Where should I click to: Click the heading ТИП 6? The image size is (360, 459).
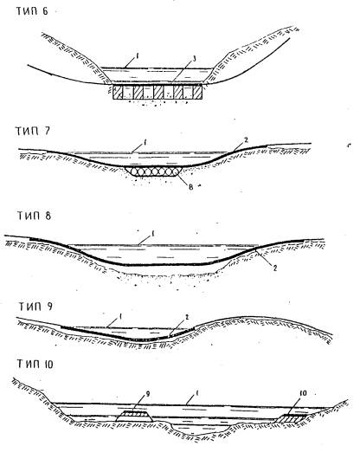click(x=32, y=11)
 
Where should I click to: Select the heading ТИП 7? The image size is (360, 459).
click(x=33, y=131)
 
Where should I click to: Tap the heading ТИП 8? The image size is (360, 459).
click(x=34, y=215)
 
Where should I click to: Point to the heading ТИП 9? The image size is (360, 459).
click(x=35, y=307)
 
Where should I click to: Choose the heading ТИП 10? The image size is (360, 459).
click(x=35, y=364)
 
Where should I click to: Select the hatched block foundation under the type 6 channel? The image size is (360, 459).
click(x=157, y=92)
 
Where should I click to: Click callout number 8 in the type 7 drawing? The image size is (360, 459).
click(x=191, y=187)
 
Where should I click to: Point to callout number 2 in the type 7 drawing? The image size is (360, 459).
click(x=247, y=140)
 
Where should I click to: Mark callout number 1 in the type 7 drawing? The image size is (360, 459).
click(x=145, y=143)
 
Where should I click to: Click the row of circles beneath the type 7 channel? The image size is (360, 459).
click(x=154, y=171)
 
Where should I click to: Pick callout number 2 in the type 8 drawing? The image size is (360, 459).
click(x=274, y=268)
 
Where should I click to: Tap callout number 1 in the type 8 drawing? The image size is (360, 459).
click(x=152, y=234)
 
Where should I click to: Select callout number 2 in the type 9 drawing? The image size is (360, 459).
click(x=187, y=317)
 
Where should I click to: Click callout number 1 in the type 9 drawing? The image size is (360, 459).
click(x=120, y=317)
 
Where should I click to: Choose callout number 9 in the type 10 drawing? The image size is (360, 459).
click(x=147, y=394)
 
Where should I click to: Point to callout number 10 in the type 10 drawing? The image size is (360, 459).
click(x=303, y=393)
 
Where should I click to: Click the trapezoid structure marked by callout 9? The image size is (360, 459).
click(x=134, y=416)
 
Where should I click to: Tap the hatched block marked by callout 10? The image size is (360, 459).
click(x=292, y=418)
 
